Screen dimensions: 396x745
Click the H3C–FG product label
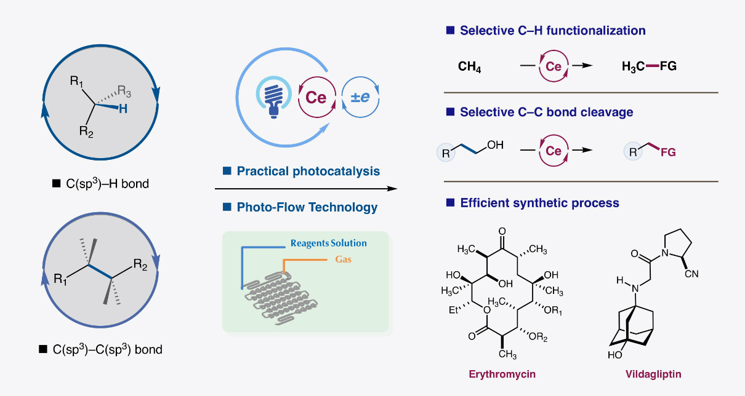649,66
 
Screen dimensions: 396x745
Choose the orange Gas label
344,259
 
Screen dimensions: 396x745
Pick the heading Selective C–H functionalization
552,31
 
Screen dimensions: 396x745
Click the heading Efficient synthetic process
539,202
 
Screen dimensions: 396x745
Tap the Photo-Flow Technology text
307,207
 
